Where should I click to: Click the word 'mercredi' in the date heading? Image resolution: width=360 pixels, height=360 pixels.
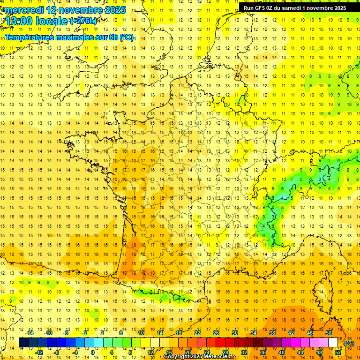coord(23,9)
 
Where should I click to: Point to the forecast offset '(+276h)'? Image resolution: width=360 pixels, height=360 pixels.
coord(83,21)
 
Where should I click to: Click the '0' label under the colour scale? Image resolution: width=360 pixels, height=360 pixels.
coord(92,352)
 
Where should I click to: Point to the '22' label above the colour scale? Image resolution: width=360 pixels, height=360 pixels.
coord(197,333)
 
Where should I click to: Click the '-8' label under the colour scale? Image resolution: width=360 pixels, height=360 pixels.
coord(57,352)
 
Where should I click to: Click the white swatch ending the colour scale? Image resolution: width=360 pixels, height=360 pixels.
coord(333,343)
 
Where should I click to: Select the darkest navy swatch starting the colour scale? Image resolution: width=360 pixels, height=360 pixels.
coord(23,343)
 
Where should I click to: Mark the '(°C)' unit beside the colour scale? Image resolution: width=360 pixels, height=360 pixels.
coord(349,343)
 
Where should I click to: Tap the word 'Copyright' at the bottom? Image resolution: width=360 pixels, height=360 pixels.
coord(177,357)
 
